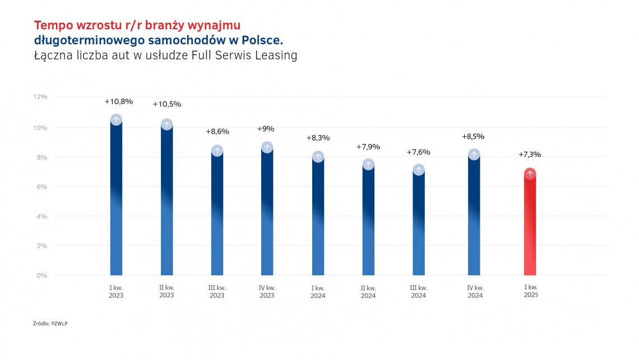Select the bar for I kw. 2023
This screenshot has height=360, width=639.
click(x=116, y=202)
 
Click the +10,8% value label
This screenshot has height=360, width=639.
click(x=119, y=101)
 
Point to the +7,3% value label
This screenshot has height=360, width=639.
click(x=530, y=155)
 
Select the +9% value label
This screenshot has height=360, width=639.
click(x=266, y=129)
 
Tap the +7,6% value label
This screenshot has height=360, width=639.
click(x=418, y=152)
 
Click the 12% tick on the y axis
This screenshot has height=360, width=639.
click(x=40, y=97)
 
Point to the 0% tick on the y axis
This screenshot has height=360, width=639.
click(x=42, y=275)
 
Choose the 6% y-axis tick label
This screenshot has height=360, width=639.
click(x=42, y=186)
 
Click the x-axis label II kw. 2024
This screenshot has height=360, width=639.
click(x=368, y=292)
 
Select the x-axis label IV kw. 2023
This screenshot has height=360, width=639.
click(x=267, y=292)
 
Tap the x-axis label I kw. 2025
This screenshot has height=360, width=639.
click(x=531, y=291)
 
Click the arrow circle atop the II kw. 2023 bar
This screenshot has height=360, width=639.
click(x=166, y=124)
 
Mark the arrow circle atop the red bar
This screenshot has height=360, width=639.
click(x=530, y=174)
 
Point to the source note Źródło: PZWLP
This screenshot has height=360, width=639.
click(x=50, y=324)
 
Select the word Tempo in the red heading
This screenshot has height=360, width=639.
click(x=52, y=25)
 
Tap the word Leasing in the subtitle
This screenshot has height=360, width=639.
click(x=276, y=56)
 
